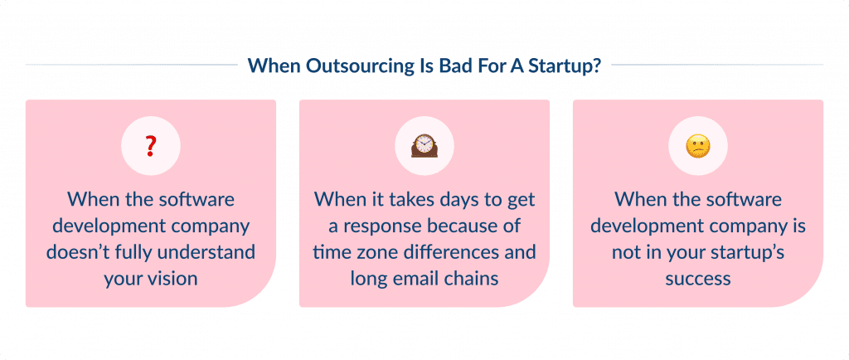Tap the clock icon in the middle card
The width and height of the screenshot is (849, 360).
[424, 147]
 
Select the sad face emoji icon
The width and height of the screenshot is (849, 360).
[698, 148]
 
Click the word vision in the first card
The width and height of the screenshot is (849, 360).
[172, 278]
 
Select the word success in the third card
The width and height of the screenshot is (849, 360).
[698, 278]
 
